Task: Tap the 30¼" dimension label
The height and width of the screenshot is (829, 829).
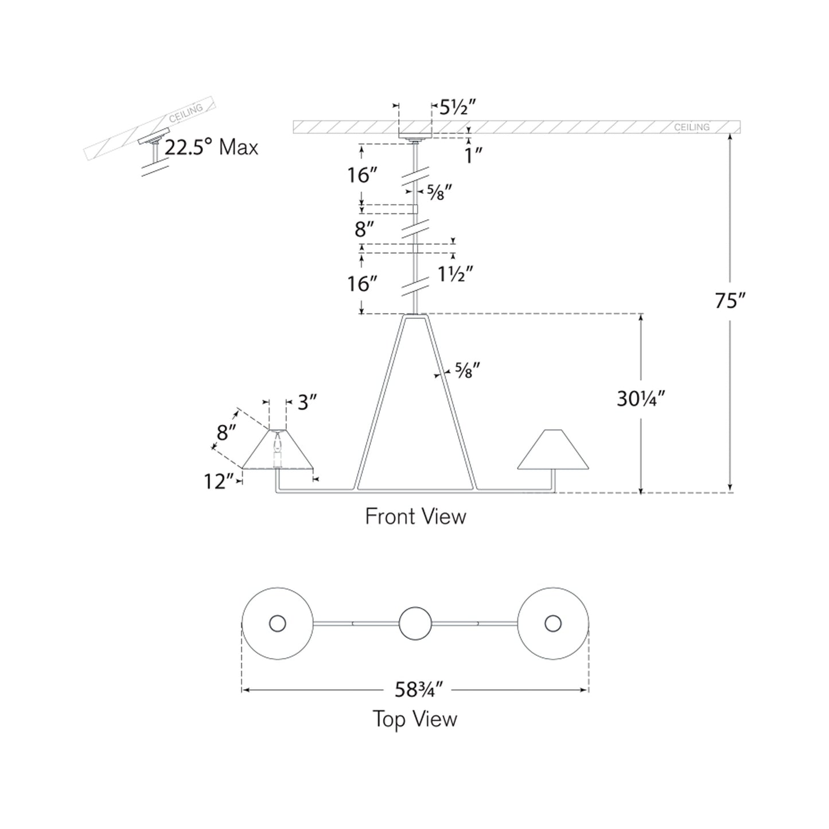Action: (x=641, y=399)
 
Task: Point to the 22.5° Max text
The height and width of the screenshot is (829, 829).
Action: (x=211, y=147)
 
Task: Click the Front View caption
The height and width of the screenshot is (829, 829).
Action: (x=415, y=517)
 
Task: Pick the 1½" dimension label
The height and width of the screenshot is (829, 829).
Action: (x=456, y=274)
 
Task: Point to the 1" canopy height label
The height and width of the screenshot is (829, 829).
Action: (x=473, y=155)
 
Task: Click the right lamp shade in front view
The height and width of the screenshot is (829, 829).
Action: (x=553, y=449)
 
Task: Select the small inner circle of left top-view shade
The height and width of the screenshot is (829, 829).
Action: (x=278, y=624)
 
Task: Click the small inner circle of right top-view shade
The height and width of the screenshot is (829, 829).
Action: (x=553, y=624)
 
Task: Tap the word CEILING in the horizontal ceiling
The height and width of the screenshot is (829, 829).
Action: (x=692, y=127)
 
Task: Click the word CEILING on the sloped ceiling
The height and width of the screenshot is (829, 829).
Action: (x=186, y=113)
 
